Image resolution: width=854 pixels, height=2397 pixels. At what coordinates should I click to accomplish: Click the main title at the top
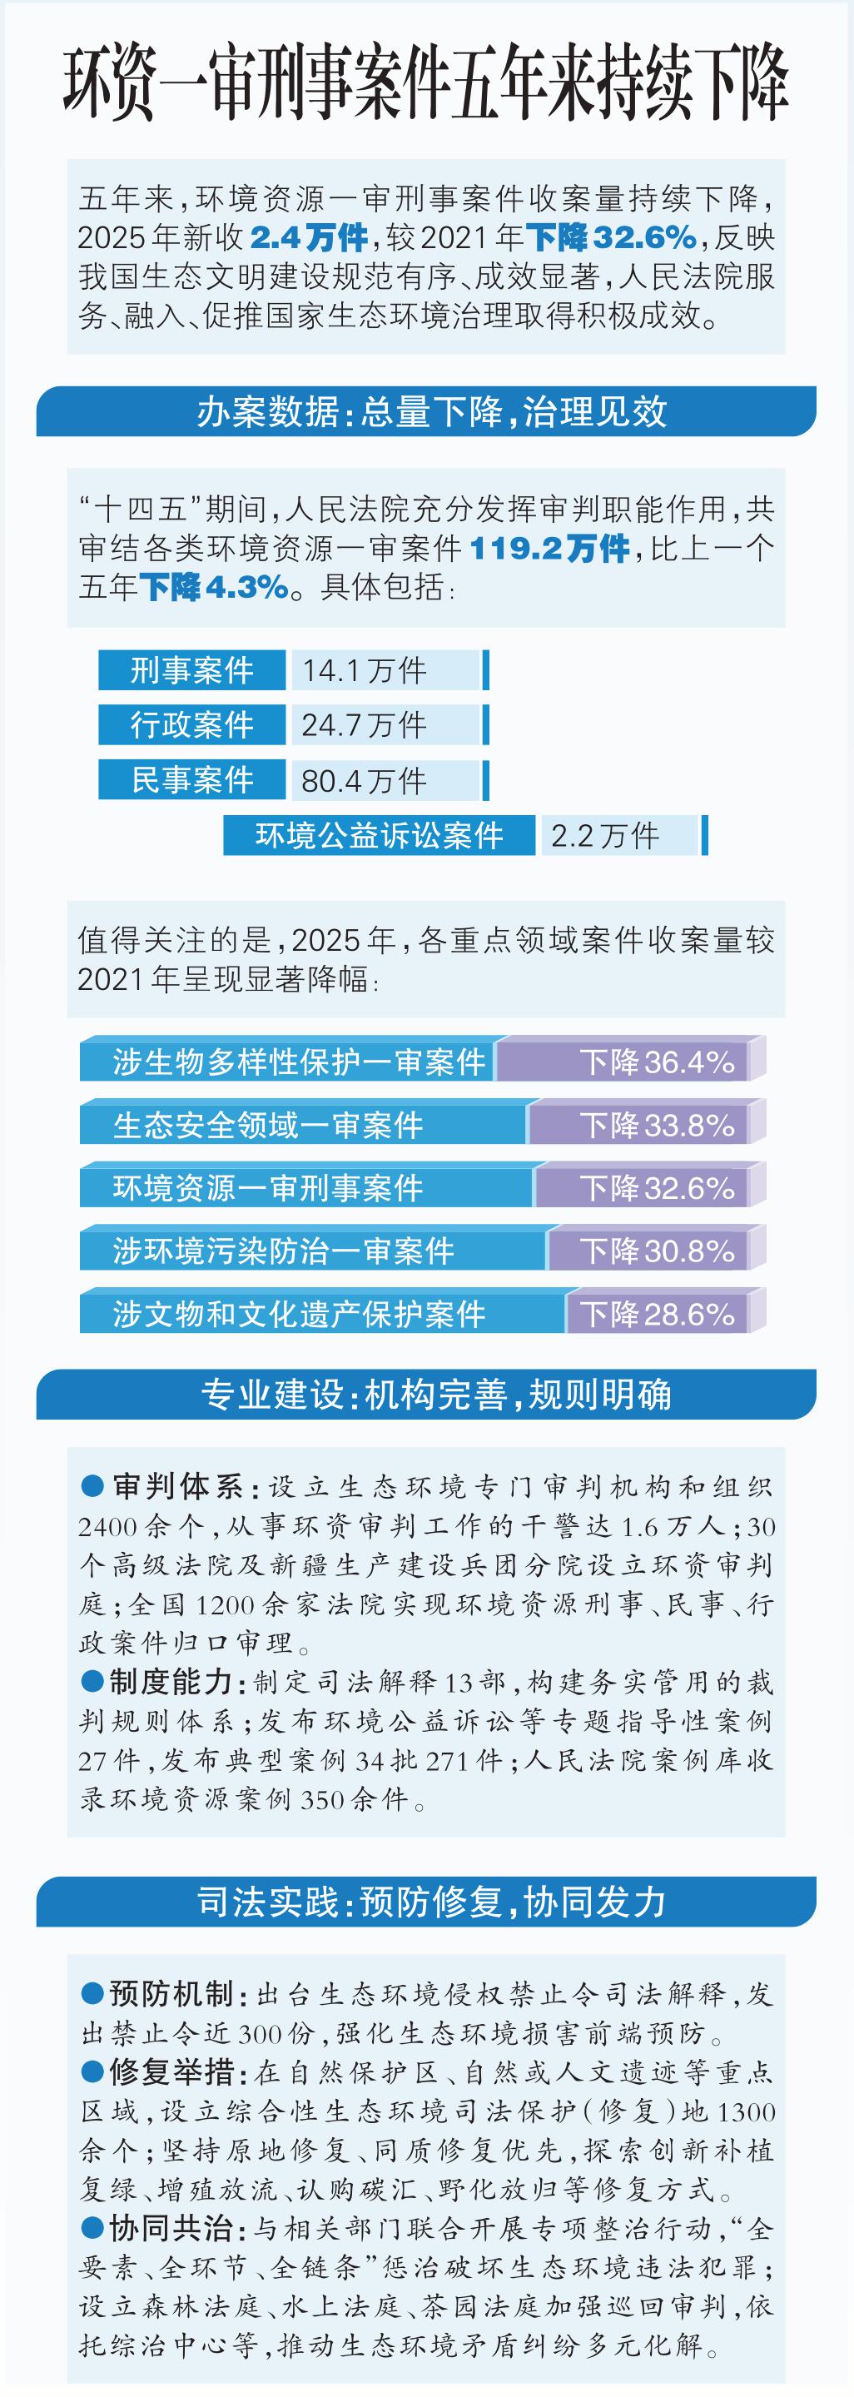pyautogui.click(x=426, y=85)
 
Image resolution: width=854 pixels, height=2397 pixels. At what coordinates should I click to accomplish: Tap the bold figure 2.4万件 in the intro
pyautogui.click(x=309, y=238)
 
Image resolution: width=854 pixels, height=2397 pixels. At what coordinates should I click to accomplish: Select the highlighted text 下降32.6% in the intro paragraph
pyautogui.click(x=611, y=238)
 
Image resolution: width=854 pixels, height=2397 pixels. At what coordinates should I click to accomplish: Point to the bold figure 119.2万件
pyautogui.click(x=550, y=548)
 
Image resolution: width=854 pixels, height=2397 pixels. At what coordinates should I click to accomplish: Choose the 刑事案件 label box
pyautogui.click(x=191, y=670)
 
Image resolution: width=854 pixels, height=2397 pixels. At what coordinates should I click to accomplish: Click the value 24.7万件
pyautogui.click(x=365, y=725)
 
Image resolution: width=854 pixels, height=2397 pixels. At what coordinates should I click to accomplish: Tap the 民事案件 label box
pyautogui.click(x=191, y=780)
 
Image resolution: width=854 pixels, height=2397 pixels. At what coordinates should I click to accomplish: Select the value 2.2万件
pyautogui.click(x=606, y=835)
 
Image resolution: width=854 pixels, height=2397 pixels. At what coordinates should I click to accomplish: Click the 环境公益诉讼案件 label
pyautogui.click(x=380, y=835)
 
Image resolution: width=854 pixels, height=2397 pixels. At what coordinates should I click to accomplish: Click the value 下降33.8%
pyautogui.click(x=657, y=1125)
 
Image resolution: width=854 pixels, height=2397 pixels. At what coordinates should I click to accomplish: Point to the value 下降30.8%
pyautogui.click(x=657, y=1251)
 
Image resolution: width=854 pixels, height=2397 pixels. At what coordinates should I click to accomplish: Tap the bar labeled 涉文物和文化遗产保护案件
pyautogui.click(x=299, y=1314)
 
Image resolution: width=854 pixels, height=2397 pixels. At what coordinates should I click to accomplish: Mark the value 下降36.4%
pyautogui.click(x=657, y=1062)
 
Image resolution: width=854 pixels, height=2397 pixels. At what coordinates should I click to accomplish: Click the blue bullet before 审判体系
pyautogui.click(x=92, y=1486)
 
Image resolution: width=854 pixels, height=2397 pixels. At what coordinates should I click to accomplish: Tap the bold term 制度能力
pyautogui.click(x=171, y=1682)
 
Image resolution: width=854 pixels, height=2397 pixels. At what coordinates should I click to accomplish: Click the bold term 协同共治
pyautogui.click(x=171, y=2229)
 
